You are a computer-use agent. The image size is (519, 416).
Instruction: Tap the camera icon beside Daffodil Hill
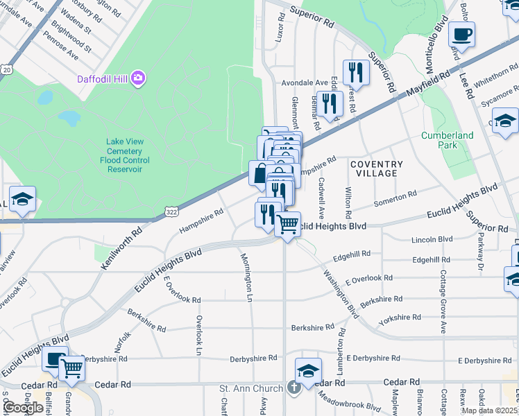coord(138,76)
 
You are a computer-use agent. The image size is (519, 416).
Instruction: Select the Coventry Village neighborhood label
coord(376,168)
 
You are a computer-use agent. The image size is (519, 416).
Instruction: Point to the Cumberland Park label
coord(448,140)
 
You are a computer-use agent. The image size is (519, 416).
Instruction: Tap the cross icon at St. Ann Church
coord(294,386)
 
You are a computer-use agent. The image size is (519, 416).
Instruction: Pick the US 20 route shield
coord(6,69)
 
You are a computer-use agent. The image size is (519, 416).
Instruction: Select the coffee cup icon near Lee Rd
coord(461,33)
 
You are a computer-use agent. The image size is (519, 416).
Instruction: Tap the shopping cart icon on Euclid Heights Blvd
coord(287,224)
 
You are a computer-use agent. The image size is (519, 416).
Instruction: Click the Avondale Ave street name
coord(304,83)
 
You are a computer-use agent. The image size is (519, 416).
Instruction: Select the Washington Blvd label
coord(339,286)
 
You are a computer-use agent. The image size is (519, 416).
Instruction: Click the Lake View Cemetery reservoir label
coord(125,155)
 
